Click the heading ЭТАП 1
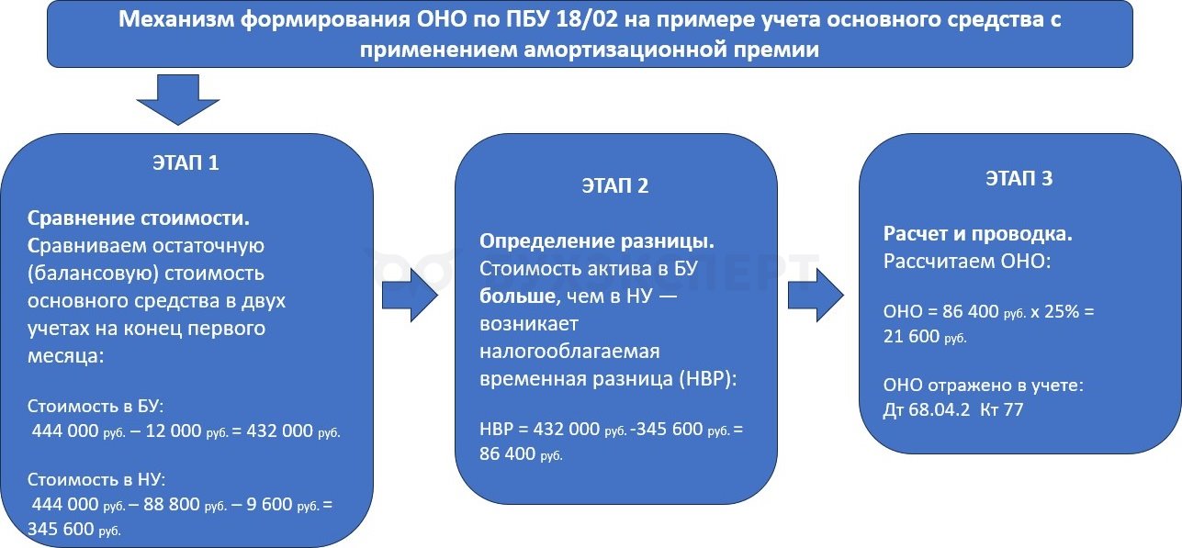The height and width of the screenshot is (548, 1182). (x=186, y=163)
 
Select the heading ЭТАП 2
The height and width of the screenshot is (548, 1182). (x=614, y=185)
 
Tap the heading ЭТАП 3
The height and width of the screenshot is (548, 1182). (x=1019, y=178)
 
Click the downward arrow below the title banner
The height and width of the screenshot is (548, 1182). (x=178, y=100)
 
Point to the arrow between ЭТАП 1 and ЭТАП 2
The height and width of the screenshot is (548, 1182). (x=410, y=295)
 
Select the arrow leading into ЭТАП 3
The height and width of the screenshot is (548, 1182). (x=816, y=295)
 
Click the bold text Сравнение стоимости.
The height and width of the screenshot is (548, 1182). (x=139, y=218)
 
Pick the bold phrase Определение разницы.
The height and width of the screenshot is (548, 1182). (x=597, y=241)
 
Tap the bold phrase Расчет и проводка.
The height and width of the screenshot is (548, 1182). (x=978, y=234)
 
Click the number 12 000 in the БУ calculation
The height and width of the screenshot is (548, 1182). (x=174, y=431)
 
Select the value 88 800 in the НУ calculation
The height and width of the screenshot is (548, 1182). (x=172, y=504)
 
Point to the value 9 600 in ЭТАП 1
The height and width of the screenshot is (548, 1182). (x=269, y=504)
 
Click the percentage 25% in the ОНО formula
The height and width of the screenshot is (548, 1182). (x=1062, y=311)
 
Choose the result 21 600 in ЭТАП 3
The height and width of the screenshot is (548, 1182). (x=911, y=336)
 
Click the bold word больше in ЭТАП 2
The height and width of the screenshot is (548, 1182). (x=517, y=296)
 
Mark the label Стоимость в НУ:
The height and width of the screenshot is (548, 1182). (x=96, y=479)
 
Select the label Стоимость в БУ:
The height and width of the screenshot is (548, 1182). (x=96, y=406)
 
